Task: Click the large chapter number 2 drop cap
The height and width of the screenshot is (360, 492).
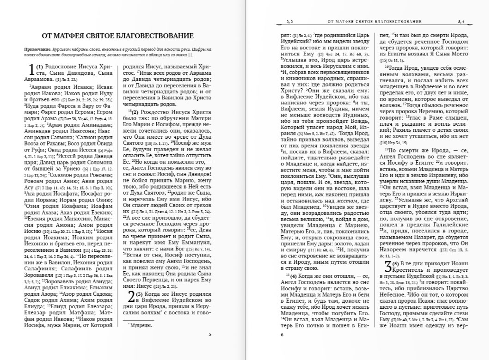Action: [131, 297]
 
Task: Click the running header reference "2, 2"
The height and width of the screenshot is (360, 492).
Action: [290, 22]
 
